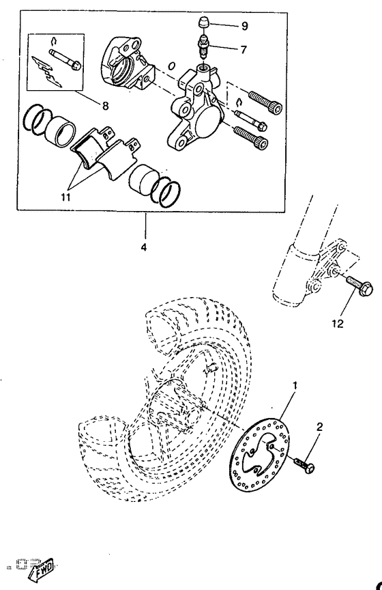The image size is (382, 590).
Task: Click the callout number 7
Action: tap(225, 49)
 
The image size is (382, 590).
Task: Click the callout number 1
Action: tap(295, 385)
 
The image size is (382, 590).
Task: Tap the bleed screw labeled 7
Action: tap(203, 46)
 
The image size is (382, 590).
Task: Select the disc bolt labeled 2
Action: tap(304, 466)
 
